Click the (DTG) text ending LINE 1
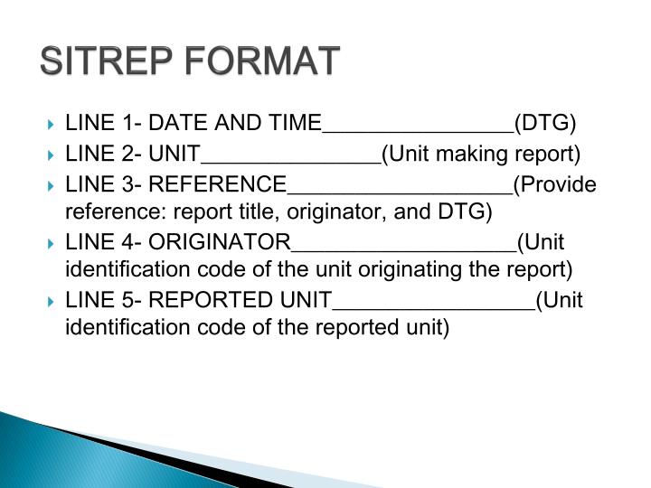[544, 124]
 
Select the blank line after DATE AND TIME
[418, 130]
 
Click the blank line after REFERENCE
[399, 191]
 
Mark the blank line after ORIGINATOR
[403, 249]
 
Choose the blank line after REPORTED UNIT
[434, 307]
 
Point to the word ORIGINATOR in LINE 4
[220, 242]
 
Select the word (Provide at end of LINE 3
[555, 184]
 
